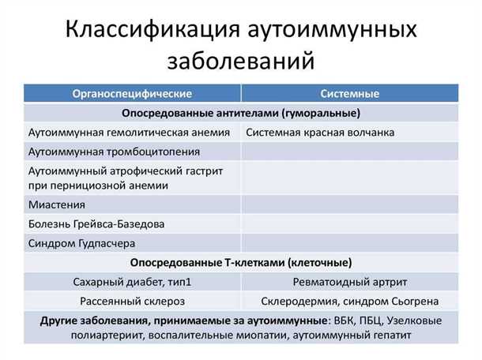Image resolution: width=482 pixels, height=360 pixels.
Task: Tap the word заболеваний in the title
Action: [241, 60]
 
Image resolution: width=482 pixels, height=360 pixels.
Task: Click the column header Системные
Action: [350, 94]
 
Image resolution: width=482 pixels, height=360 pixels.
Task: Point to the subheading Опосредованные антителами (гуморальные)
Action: [241, 113]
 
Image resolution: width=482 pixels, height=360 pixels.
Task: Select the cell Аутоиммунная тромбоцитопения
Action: [114, 151]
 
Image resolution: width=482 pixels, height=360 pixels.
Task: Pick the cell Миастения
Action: [56, 204]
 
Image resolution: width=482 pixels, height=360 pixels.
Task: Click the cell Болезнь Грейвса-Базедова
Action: [96, 224]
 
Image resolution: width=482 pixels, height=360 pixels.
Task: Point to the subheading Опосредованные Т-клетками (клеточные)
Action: [241, 262]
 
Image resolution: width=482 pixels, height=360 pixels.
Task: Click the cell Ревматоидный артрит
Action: [350, 281]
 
